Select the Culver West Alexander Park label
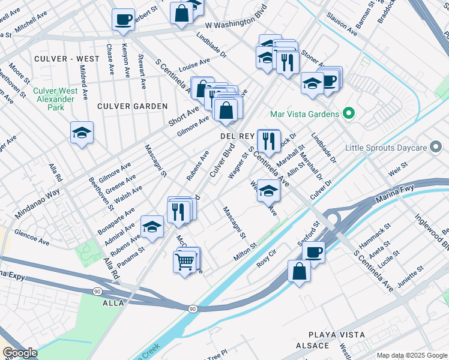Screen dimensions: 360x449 pyautogui.click(x=55, y=100)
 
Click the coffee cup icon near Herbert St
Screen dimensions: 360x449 pyautogui.click(x=123, y=19)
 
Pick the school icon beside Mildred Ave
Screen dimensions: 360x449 pyautogui.click(x=82, y=134)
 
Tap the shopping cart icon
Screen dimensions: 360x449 pyautogui.click(x=185, y=262)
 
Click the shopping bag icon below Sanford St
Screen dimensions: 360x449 pyautogui.click(x=299, y=271)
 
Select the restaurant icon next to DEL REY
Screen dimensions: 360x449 pyautogui.click(x=268, y=142)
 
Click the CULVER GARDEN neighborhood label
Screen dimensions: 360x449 pyautogui.click(x=133, y=106)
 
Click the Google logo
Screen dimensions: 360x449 pyautogui.click(x=20, y=353)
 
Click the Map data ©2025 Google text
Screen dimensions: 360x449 pyautogui.click(x=411, y=355)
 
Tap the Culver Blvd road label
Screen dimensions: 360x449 pyautogui.click(x=220, y=164)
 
